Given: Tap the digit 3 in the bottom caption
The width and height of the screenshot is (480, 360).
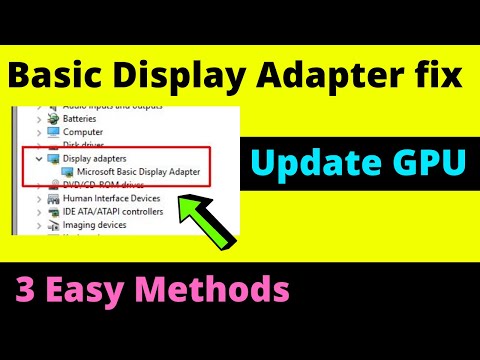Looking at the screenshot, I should point(24,291).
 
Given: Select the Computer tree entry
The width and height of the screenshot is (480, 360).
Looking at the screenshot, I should point(83,131).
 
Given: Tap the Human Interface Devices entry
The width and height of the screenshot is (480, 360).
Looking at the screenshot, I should point(110,199).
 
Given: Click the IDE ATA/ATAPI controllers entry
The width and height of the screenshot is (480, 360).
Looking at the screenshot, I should point(113,212).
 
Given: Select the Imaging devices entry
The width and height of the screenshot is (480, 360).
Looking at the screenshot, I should point(95,225).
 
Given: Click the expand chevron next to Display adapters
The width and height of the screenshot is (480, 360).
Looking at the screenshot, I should point(39,158).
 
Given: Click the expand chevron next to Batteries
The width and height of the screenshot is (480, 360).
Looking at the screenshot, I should point(39,117).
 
